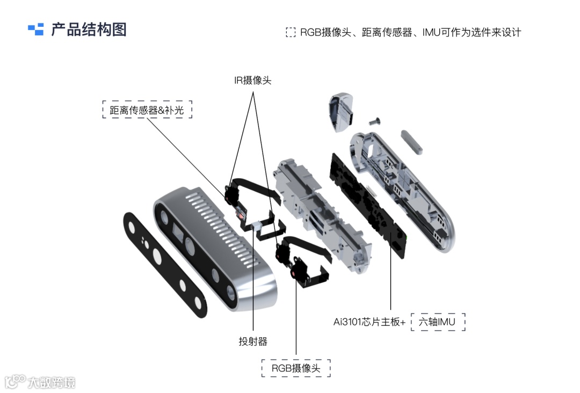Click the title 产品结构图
click(x=89, y=30)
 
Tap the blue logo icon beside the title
click(x=36, y=30)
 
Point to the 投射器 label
click(x=253, y=341)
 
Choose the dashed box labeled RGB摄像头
click(x=296, y=368)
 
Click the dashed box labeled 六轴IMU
click(x=438, y=322)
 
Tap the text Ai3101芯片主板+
click(x=369, y=322)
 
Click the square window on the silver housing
click(x=178, y=232)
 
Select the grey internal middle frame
click(x=322, y=215)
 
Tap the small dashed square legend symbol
click(x=291, y=32)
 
